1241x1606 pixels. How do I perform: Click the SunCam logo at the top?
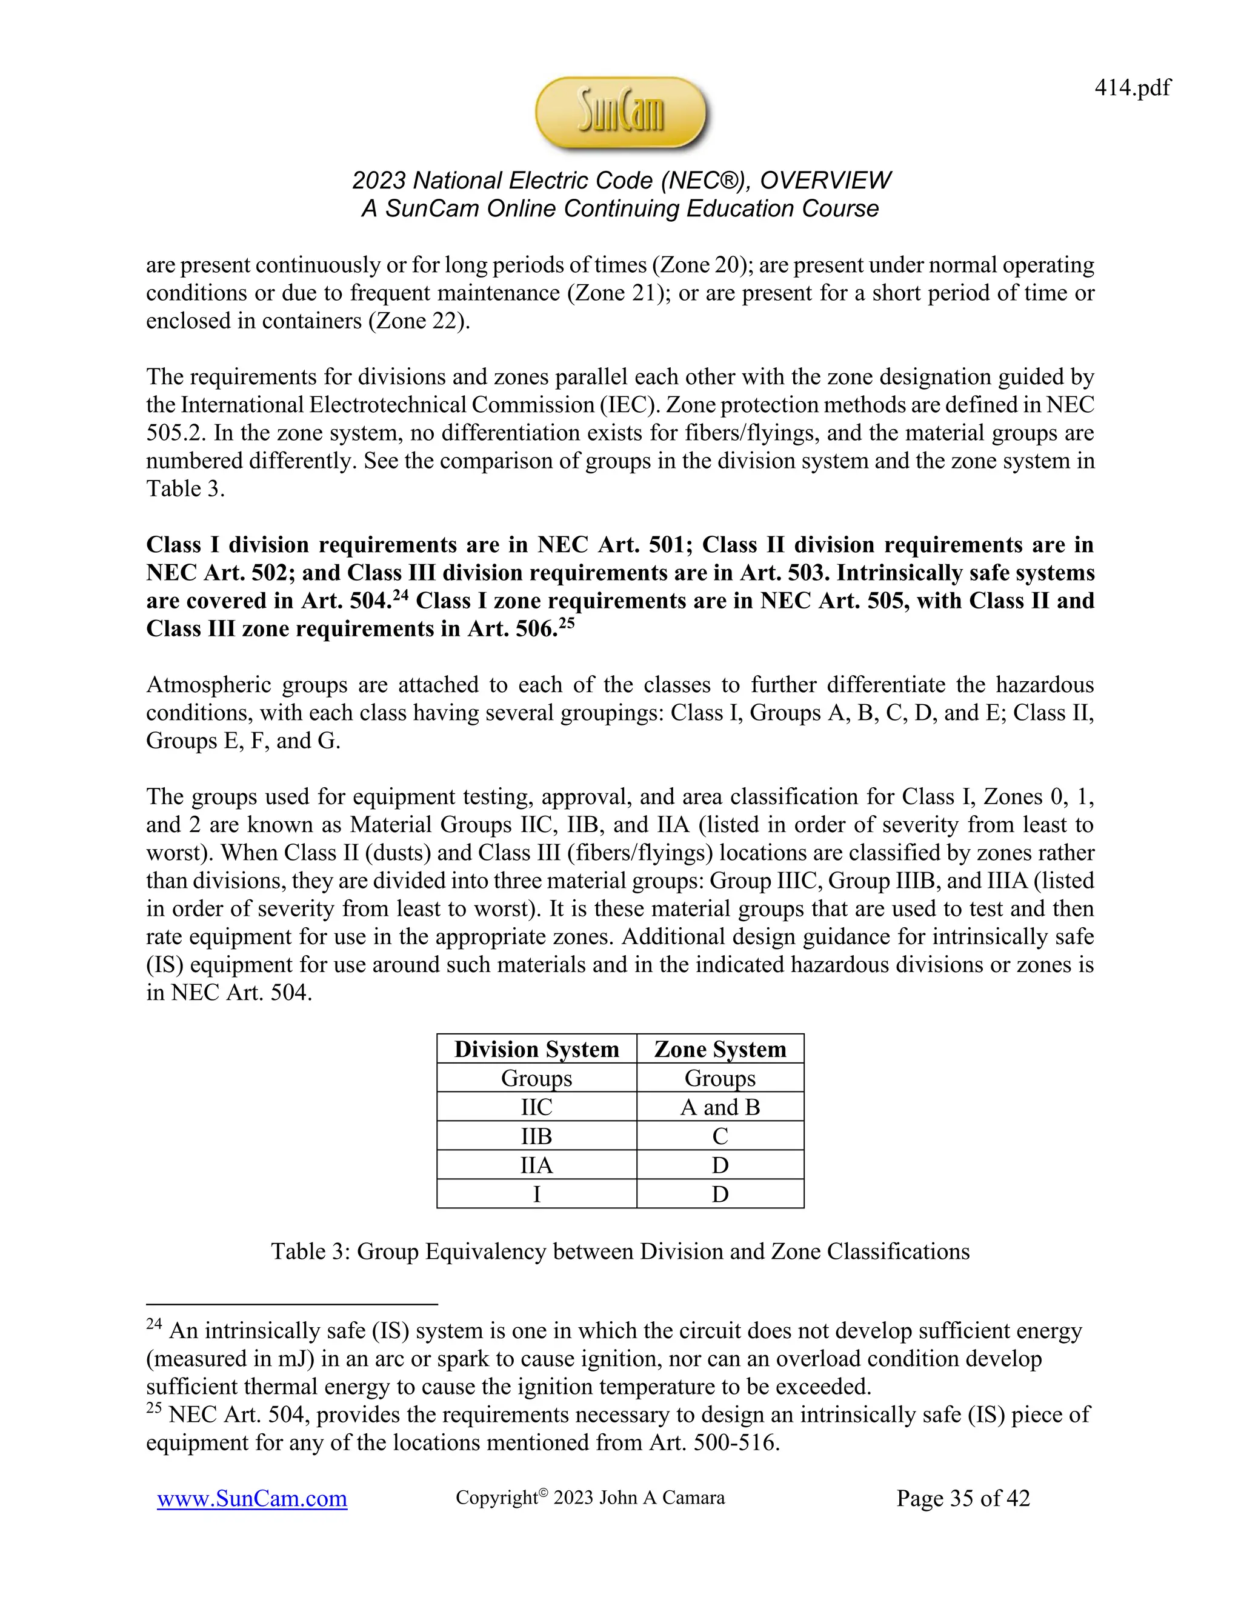pos(620,114)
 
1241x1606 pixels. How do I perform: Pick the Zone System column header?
pos(720,1048)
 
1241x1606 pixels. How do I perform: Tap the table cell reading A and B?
pos(720,1107)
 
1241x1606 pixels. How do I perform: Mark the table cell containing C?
pos(720,1136)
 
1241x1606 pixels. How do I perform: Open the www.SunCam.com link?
pos(251,1499)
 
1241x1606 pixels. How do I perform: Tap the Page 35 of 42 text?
pos(963,1498)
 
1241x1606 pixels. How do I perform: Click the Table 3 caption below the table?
pos(620,1251)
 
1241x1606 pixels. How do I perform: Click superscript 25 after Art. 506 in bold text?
pos(566,623)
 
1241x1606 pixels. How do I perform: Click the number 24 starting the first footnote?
pos(154,1324)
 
